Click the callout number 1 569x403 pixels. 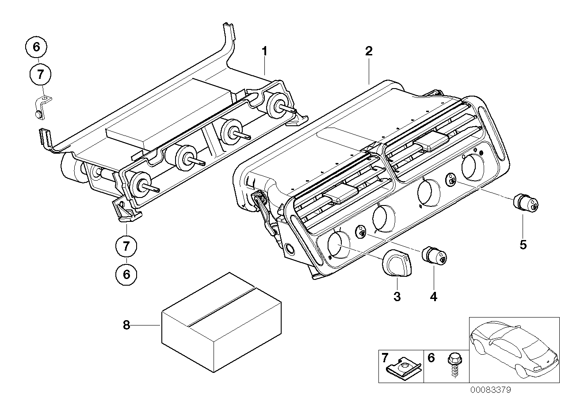click(x=264, y=51)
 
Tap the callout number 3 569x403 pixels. click(x=397, y=296)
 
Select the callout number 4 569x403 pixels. click(x=433, y=296)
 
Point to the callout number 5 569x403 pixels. click(x=523, y=244)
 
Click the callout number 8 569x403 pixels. click(x=126, y=325)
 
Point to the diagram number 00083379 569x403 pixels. click(x=490, y=390)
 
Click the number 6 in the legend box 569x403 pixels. click(x=431, y=357)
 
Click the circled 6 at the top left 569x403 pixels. click(x=37, y=46)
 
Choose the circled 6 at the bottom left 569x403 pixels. click(x=126, y=275)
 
